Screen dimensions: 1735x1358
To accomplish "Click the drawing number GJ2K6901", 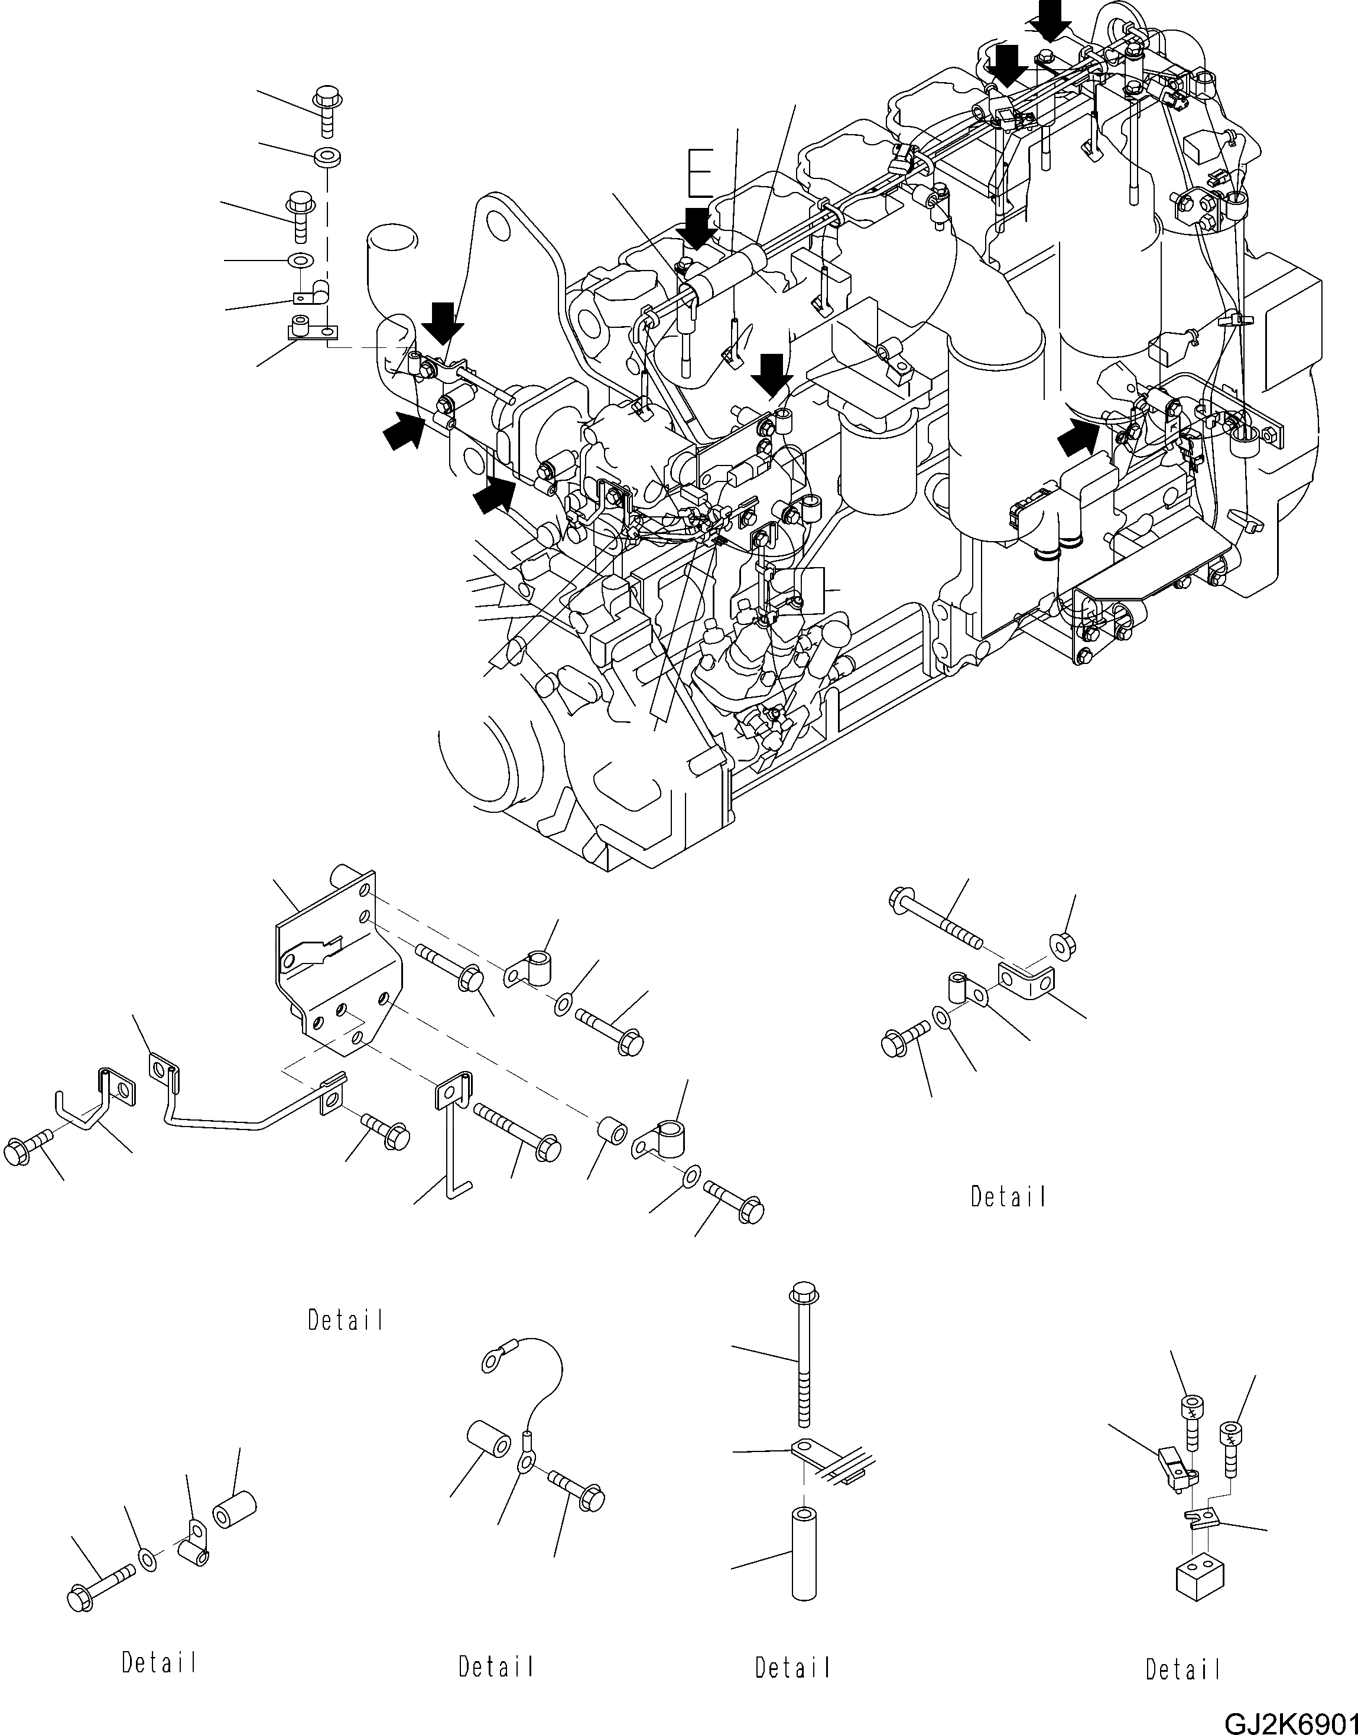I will [x=1289, y=1721].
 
